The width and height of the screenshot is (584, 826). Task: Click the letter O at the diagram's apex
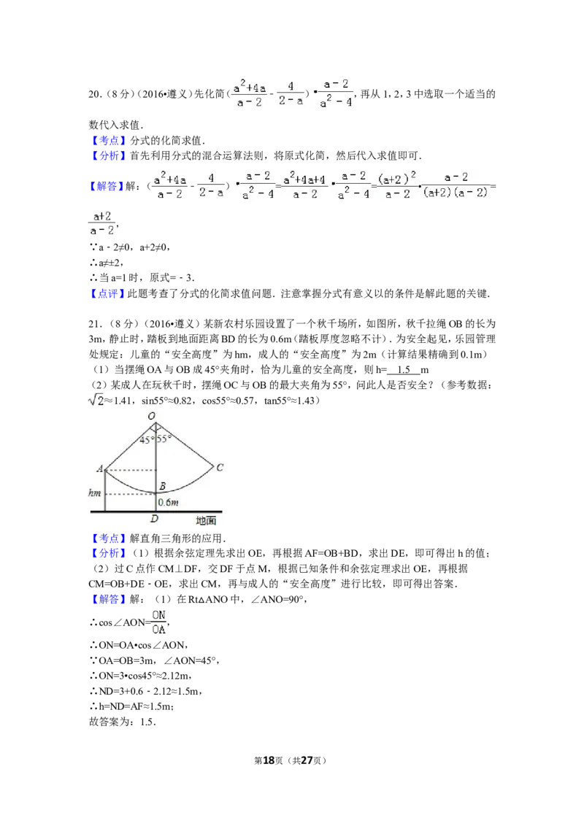(x=152, y=416)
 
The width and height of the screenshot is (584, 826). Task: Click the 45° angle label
(x=148, y=440)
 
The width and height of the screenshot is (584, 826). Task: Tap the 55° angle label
(x=164, y=440)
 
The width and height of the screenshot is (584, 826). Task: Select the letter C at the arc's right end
(x=220, y=467)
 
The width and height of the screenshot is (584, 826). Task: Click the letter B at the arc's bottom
(x=162, y=486)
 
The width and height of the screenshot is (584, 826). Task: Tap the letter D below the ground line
(x=155, y=519)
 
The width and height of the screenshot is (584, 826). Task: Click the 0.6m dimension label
(x=169, y=503)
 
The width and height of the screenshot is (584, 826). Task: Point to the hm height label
(x=94, y=493)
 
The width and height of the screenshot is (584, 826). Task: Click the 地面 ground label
(x=206, y=520)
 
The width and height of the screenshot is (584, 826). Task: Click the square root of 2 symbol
(x=96, y=400)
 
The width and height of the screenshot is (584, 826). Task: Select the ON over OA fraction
(x=158, y=622)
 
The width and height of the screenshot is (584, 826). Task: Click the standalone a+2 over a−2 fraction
(x=101, y=223)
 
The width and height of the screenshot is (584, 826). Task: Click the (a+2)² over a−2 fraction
(x=397, y=185)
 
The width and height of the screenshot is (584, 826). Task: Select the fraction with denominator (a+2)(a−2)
(x=456, y=185)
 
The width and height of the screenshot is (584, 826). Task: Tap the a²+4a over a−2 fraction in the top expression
(x=249, y=94)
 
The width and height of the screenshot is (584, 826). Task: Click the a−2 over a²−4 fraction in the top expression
(x=336, y=94)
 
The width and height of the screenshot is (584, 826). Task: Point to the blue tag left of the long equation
(x=107, y=187)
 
